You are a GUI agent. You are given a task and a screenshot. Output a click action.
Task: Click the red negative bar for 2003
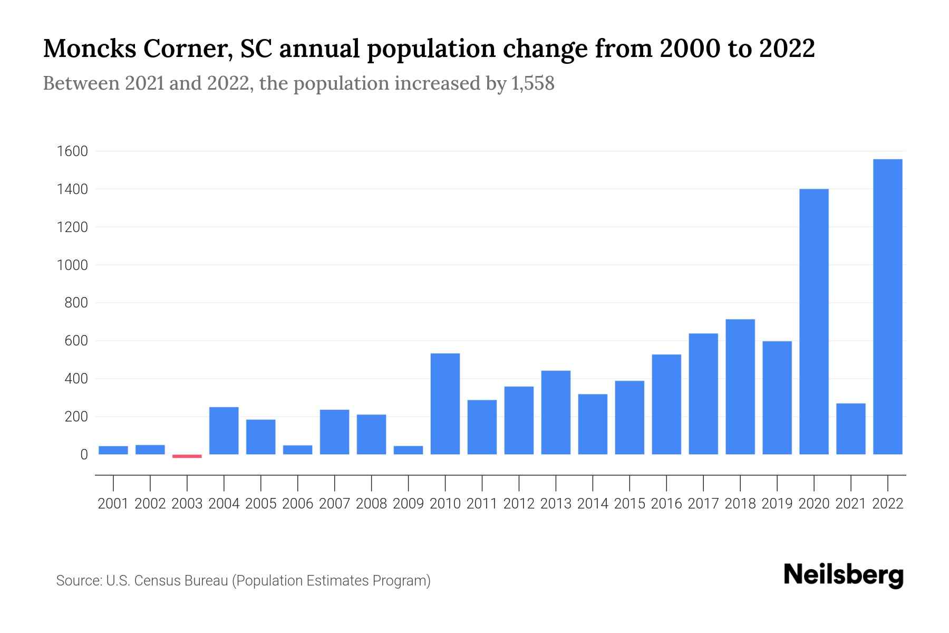click(x=187, y=456)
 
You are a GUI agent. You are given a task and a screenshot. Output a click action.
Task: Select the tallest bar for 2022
click(x=887, y=306)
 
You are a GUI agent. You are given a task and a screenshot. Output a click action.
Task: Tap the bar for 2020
click(x=814, y=321)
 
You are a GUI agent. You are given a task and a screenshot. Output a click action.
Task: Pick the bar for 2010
click(x=445, y=404)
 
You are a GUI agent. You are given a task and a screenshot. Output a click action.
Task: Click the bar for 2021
click(x=850, y=429)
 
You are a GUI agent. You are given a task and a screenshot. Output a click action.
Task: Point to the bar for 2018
click(x=740, y=387)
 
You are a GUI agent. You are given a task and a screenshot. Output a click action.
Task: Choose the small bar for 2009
click(x=408, y=450)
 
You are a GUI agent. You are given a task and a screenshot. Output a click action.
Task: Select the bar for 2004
click(x=224, y=430)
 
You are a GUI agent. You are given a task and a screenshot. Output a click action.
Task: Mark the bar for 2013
click(x=556, y=413)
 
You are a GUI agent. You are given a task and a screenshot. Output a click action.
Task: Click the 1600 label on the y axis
click(x=72, y=151)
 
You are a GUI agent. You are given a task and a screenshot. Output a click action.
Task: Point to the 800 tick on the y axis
click(x=76, y=303)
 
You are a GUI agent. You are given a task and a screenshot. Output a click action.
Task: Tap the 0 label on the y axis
click(x=84, y=455)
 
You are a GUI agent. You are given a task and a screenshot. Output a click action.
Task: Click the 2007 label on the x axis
click(x=334, y=504)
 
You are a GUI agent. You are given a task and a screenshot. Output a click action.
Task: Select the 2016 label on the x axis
click(x=666, y=504)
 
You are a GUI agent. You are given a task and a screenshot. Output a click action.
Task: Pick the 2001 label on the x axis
click(x=113, y=504)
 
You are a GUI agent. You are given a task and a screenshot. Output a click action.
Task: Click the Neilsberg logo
click(x=844, y=575)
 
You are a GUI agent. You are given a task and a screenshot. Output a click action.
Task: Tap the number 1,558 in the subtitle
click(x=532, y=83)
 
